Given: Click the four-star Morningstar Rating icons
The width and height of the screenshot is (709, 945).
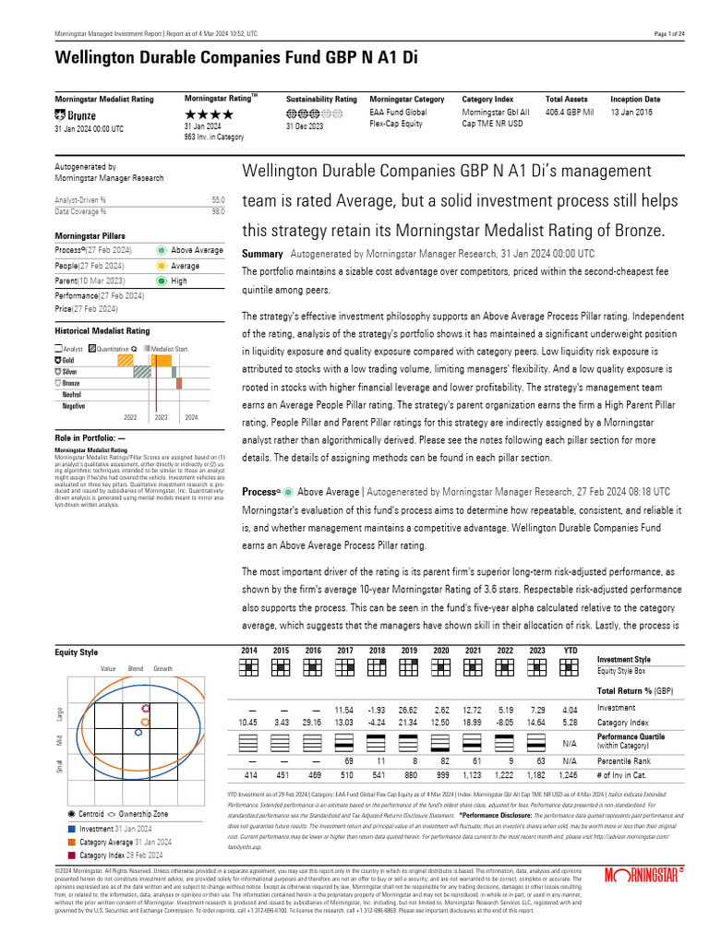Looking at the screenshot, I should [x=209, y=114].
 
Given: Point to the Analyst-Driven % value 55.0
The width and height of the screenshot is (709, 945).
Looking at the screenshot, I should [x=218, y=199].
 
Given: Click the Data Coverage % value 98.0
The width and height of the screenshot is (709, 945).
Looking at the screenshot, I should [x=218, y=211].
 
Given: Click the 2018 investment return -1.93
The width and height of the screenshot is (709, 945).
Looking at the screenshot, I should [x=376, y=709].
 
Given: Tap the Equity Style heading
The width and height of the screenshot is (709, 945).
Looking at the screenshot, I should [x=77, y=652].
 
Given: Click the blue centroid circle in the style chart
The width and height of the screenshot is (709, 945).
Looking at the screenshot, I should [x=138, y=732].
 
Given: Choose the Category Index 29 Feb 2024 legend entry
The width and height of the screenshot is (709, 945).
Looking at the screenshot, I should [x=118, y=855].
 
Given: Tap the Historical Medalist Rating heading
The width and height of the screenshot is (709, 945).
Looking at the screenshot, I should [x=102, y=330].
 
